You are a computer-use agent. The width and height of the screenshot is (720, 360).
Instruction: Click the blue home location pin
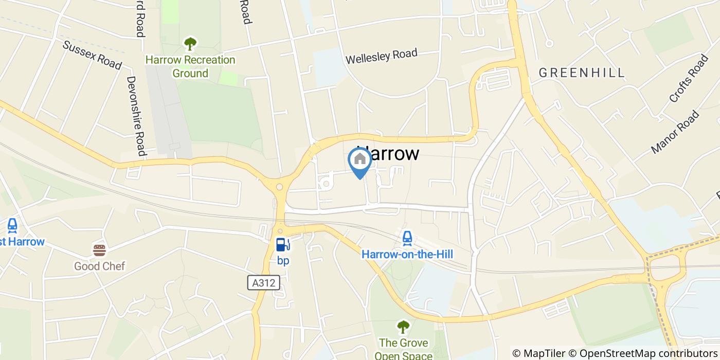point(360,160)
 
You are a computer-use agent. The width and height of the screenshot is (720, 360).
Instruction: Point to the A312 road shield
point(264,282)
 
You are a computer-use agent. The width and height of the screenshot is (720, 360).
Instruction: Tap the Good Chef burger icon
point(99,250)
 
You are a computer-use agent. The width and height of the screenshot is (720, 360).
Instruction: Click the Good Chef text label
point(99,266)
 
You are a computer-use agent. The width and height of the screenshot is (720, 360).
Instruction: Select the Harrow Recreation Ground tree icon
point(190,43)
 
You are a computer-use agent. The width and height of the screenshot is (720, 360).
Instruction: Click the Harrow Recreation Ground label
point(190,66)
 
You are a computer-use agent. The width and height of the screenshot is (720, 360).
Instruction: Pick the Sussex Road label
point(92,55)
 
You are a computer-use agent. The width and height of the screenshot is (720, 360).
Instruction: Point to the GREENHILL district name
point(582,73)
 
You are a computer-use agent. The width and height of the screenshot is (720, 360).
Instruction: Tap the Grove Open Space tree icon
point(403,327)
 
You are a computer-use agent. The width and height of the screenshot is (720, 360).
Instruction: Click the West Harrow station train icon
point(12,225)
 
